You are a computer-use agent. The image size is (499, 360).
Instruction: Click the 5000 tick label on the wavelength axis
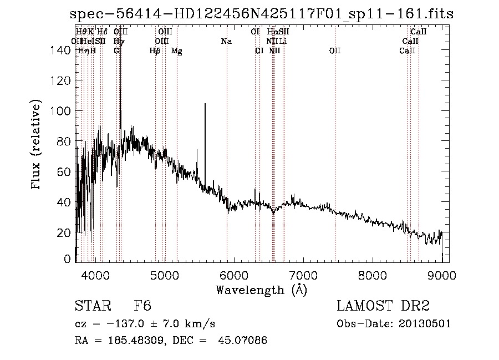coord(164,274)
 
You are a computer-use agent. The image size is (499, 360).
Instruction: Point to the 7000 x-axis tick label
coord(303,274)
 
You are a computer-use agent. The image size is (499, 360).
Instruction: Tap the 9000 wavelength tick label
coord(441,274)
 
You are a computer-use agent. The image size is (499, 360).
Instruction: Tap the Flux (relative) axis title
coord(37,145)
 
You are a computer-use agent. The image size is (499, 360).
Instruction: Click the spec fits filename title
coord(261,14)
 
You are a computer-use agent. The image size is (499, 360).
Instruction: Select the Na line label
coord(226,42)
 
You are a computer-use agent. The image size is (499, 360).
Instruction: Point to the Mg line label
coord(177,51)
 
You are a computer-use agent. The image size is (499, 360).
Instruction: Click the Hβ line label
coord(155,51)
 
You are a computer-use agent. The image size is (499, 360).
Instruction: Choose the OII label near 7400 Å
coord(334,51)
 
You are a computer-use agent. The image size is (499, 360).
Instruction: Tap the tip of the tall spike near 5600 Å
coord(205,104)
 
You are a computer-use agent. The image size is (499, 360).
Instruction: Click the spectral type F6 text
coord(142,307)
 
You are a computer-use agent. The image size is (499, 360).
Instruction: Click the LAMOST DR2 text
coord(383,307)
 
